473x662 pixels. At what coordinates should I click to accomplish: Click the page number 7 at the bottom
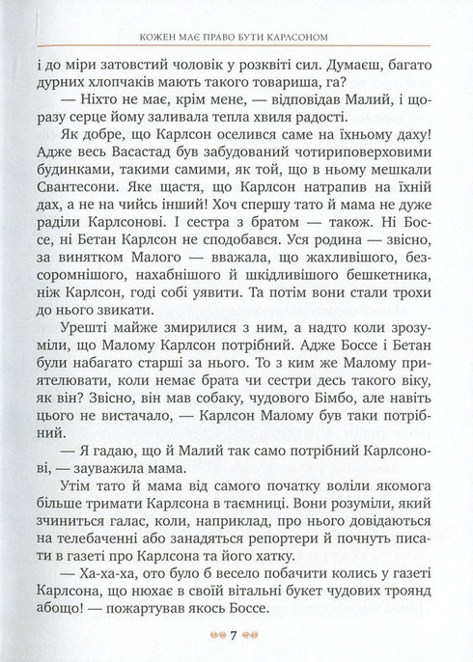click(x=236, y=635)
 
